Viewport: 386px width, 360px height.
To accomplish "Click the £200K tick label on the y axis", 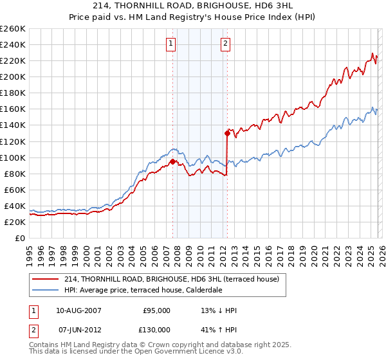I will click(x=12, y=76).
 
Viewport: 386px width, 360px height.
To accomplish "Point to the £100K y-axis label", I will click(x=12, y=157).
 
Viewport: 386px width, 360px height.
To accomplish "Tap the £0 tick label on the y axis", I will click(x=19, y=238).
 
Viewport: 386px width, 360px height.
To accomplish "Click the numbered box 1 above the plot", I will click(x=171, y=44).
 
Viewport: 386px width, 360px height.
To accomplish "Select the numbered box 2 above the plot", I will click(x=226, y=44).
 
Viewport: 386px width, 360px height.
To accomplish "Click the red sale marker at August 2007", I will click(x=172, y=161).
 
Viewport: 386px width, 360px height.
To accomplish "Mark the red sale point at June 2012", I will click(x=227, y=133).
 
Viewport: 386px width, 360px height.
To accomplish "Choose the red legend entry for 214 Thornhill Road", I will click(x=171, y=279).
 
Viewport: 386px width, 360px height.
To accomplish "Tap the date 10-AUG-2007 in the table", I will click(x=79, y=310).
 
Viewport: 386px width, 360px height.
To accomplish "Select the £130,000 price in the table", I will click(x=156, y=329).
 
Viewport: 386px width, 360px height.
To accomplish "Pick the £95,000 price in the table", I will click(x=156, y=310).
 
